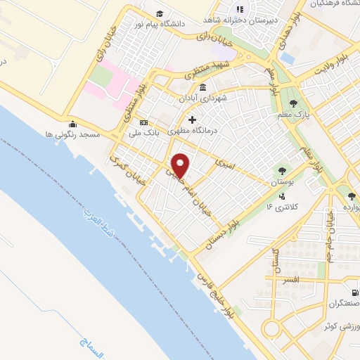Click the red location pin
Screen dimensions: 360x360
click(x=181, y=165)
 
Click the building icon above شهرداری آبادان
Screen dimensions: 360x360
click(x=202, y=87)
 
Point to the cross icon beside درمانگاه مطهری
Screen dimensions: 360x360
click(x=191, y=120)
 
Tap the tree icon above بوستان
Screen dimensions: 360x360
click(x=282, y=170)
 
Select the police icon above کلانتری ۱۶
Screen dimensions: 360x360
click(x=282, y=196)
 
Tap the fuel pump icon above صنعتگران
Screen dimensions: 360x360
click(x=354, y=293)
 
